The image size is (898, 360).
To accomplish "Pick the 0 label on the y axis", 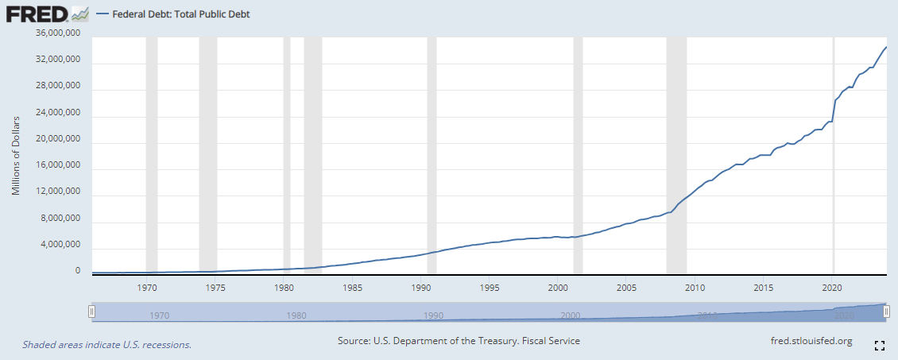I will [x=78, y=271].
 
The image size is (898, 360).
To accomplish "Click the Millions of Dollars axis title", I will [x=16, y=156].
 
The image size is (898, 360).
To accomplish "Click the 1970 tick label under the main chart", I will [x=147, y=287].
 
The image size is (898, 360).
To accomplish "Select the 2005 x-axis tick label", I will [x=626, y=287].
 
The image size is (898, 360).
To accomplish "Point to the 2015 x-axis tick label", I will [x=764, y=287].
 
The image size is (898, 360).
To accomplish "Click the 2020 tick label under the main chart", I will [x=832, y=287].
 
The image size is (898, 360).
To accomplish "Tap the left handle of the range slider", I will [x=92, y=313].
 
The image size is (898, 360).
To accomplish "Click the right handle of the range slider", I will [x=886, y=313].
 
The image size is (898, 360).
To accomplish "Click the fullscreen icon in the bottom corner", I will [x=880, y=346].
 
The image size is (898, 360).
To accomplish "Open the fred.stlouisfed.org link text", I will [x=811, y=341].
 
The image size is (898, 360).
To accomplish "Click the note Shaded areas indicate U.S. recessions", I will [x=106, y=345].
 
